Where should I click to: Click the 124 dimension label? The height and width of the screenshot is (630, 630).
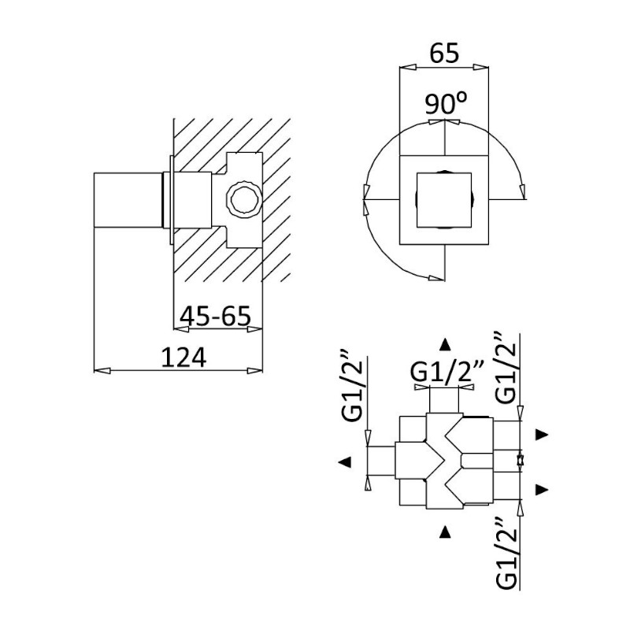(x=183, y=358)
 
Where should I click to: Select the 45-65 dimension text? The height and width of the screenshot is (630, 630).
(x=215, y=316)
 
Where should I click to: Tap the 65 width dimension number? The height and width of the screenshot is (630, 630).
(x=444, y=53)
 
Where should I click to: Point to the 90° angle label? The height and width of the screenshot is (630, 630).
(x=446, y=103)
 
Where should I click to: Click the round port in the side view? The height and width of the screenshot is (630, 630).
(x=244, y=200)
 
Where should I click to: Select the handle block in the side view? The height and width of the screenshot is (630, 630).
(x=128, y=200)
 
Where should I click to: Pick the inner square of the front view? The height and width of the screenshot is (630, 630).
(x=444, y=200)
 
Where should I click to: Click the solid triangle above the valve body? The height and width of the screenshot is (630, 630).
(x=444, y=345)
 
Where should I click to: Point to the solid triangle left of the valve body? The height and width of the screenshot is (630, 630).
(x=345, y=462)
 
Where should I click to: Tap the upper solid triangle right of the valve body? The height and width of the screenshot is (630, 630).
(x=542, y=435)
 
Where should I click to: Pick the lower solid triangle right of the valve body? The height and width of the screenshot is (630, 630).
(x=542, y=489)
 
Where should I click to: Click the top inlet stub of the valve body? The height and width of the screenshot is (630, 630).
(x=444, y=400)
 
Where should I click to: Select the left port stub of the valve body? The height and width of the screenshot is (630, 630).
(x=381, y=462)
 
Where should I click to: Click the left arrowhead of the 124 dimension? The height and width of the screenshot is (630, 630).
(x=102, y=370)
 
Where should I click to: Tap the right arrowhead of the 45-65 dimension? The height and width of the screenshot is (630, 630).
(x=254, y=329)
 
